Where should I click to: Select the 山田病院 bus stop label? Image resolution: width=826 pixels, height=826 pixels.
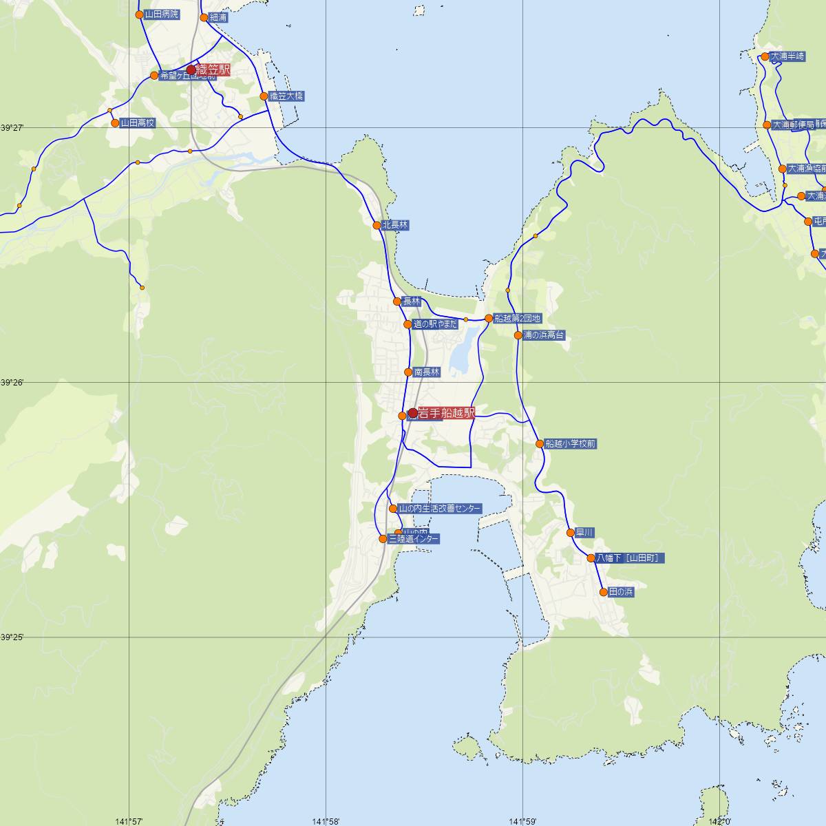click(161, 14)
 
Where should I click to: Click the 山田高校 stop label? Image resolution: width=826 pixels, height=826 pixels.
click(138, 123)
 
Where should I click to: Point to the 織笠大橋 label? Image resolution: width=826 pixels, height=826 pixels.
click(286, 96)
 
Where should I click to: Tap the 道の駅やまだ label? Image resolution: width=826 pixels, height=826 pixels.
click(435, 324)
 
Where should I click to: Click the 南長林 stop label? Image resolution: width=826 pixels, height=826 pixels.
click(426, 372)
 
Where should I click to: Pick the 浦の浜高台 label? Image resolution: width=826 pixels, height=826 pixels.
click(544, 335)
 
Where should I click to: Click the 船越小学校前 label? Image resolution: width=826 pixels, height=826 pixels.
click(570, 444)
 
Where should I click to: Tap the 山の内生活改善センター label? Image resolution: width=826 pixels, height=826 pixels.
click(440, 509)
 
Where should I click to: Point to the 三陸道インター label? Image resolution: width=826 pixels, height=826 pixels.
click(413, 539)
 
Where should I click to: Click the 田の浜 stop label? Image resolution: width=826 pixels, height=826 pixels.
click(620, 592)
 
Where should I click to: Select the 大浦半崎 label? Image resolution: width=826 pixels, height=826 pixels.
click(787, 56)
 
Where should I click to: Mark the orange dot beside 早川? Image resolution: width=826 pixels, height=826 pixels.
click(570, 532)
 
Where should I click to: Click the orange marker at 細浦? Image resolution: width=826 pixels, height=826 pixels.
click(204, 17)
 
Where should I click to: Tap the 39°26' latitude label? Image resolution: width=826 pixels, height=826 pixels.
click(12, 382)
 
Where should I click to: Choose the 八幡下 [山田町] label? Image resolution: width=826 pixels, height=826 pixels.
click(630, 558)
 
